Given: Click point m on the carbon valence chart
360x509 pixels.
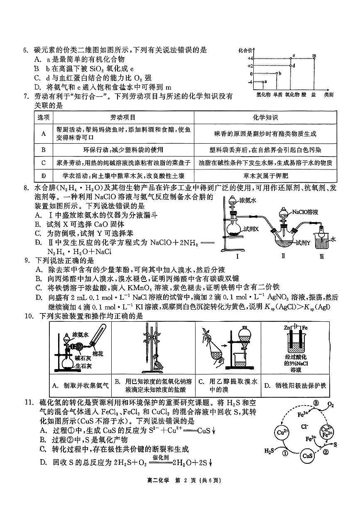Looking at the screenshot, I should tap(314, 56).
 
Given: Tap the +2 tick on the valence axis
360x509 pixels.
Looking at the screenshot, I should tap(250, 66).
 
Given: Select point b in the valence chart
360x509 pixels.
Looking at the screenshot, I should tap(279, 73).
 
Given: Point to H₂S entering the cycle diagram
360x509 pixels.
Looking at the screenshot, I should tap(269, 450).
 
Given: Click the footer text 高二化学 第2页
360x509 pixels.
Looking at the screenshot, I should tap(180, 492).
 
